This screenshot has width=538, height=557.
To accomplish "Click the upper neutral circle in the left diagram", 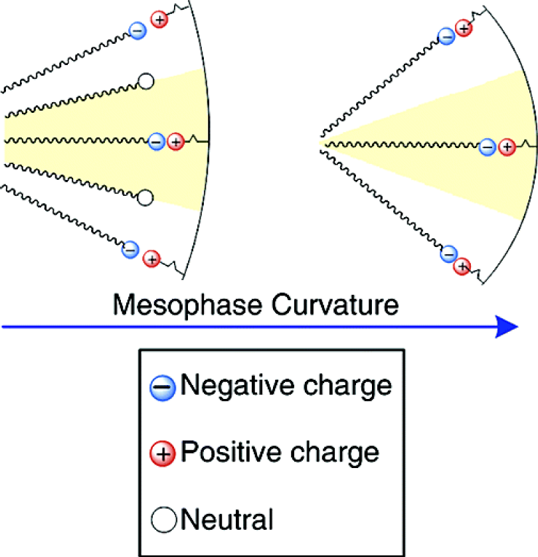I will tap(145, 82).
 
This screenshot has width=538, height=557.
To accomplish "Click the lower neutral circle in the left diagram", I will tap(145, 197).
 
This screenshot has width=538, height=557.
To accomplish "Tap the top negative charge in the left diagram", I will tap(137, 30).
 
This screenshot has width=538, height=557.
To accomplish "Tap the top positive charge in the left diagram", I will tap(159, 20).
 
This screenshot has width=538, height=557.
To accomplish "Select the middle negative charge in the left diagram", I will tap(157, 141).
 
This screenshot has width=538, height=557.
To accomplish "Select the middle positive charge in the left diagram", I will tap(175, 141).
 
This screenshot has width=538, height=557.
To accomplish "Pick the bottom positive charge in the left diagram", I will tap(151, 259).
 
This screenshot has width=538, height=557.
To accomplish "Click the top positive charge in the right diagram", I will tap(464, 28).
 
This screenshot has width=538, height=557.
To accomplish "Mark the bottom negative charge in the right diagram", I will tap(448, 255).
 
